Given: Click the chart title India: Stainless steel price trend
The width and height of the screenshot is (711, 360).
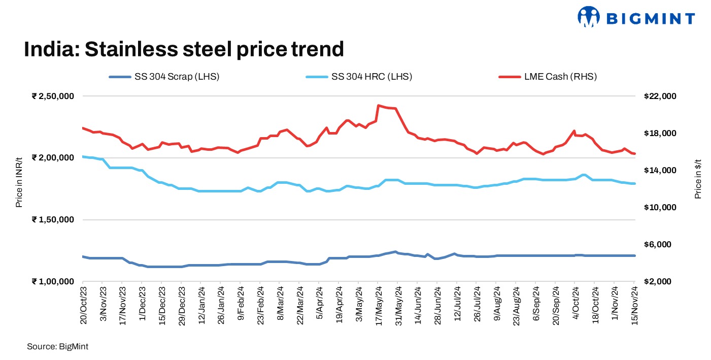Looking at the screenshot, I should point(184,50).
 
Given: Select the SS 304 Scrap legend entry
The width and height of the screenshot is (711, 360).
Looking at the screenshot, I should point(164,77).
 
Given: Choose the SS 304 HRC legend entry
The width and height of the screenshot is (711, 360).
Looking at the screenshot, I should point(358,77).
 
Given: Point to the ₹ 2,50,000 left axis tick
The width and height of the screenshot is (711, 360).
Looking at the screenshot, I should point(53,96).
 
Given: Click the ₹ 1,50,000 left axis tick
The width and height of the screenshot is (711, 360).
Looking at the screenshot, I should point(53,220).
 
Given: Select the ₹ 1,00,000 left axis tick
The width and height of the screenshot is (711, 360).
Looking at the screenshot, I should point(53,282).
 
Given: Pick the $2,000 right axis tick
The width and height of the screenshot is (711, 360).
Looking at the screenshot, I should point(657,282).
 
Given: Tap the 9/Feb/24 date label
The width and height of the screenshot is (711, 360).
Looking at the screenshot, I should point(241,306).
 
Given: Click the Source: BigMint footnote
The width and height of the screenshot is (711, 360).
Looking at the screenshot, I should point(58,346).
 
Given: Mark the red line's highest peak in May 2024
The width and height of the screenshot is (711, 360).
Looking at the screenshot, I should point(379,106).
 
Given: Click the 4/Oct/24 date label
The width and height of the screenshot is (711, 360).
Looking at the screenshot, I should point(575,306).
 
